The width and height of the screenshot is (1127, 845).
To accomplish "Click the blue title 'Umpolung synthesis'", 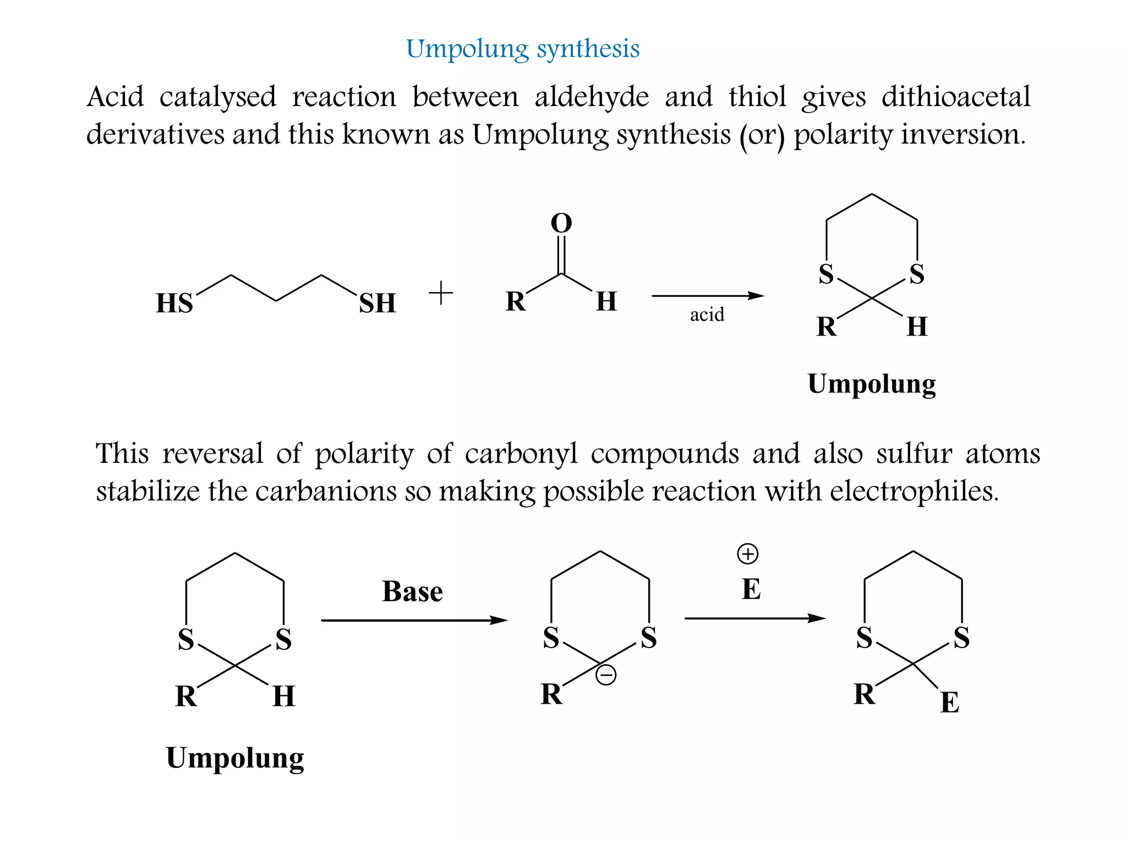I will (x=523, y=49).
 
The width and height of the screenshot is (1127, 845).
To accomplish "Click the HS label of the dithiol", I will (x=174, y=303).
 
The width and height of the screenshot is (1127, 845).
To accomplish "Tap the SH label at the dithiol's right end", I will (x=378, y=303).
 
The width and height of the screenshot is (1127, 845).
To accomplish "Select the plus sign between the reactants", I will (x=441, y=293).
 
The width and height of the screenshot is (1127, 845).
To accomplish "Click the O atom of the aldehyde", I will (x=561, y=223).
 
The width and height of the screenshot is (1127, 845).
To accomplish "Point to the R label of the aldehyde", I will (x=516, y=301).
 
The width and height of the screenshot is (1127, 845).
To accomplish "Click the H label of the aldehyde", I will (x=606, y=301).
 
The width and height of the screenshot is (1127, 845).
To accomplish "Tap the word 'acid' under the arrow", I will (x=707, y=315).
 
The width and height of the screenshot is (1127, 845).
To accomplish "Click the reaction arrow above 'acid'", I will (x=708, y=296).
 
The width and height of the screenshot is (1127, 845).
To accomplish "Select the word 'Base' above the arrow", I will (x=412, y=592).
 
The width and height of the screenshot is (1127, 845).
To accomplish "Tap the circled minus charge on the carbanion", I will (x=606, y=675).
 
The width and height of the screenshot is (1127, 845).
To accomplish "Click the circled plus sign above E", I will (x=747, y=554).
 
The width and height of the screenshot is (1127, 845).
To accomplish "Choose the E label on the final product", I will (x=950, y=703).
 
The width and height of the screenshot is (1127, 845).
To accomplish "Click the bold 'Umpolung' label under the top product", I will (x=872, y=385).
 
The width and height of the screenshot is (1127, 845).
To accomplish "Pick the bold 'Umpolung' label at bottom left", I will (x=235, y=759).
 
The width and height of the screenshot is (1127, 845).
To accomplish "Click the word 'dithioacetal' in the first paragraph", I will (x=956, y=97).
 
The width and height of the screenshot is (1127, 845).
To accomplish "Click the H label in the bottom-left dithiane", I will (x=284, y=696).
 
